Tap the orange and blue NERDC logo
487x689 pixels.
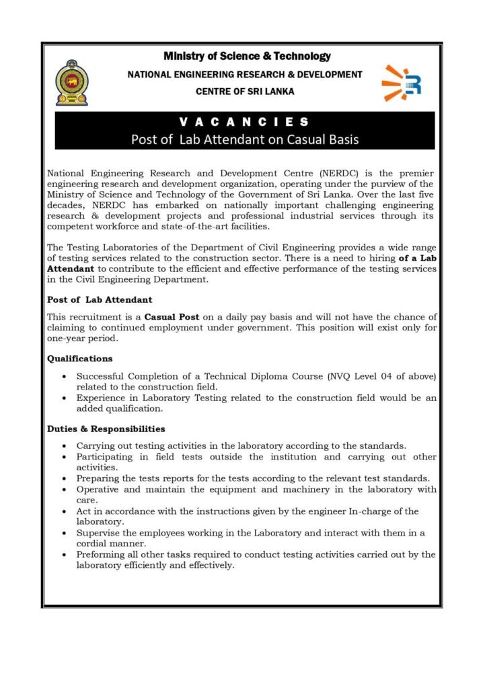point(402,83)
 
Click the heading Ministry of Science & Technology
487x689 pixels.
point(247,57)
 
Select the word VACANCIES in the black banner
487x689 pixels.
point(245,122)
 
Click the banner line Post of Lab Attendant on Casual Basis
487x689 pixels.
point(245,140)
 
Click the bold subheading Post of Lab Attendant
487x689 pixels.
point(100,299)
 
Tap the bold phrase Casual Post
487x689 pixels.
point(170,317)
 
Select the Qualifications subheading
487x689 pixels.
point(80,359)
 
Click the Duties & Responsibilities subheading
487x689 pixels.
point(106,429)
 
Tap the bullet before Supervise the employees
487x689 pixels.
point(63,534)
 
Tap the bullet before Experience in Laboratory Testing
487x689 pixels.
point(63,398)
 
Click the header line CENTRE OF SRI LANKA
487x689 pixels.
point(245,92)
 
